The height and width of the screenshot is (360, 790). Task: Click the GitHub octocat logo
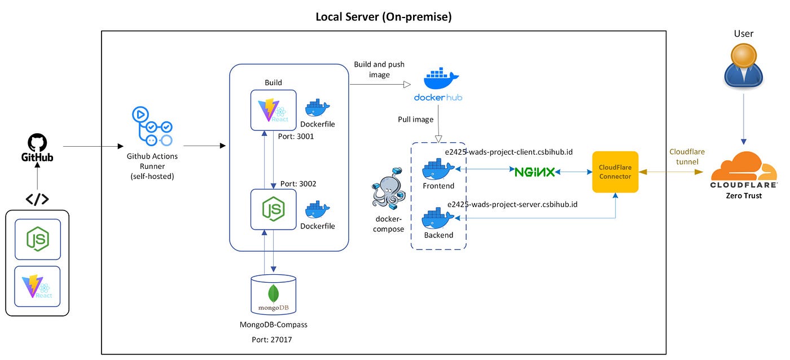(37, 142)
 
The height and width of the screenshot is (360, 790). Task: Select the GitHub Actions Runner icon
(152, 126)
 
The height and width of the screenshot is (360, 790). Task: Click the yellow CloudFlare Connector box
(615, 172)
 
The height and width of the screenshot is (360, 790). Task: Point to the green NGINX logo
(535, 172)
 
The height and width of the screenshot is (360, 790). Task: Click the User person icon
(744, 65)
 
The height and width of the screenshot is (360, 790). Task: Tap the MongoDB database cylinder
(273, 295)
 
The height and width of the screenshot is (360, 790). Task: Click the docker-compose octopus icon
(388, 188)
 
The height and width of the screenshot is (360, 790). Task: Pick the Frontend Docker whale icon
(438, 169)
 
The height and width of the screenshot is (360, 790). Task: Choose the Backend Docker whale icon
(438, 218)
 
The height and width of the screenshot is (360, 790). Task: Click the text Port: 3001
(296, 137)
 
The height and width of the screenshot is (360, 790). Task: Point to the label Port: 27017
(271, 340)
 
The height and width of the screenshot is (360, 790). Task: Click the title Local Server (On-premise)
(383, 16)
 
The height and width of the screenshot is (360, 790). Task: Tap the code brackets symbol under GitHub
(37, 199)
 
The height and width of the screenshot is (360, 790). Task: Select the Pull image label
(415, 120)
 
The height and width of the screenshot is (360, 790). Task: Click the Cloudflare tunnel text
(687, 156)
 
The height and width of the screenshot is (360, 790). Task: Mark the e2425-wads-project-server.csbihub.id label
(512, 204)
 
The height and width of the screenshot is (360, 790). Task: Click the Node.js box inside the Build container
(273, 209)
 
